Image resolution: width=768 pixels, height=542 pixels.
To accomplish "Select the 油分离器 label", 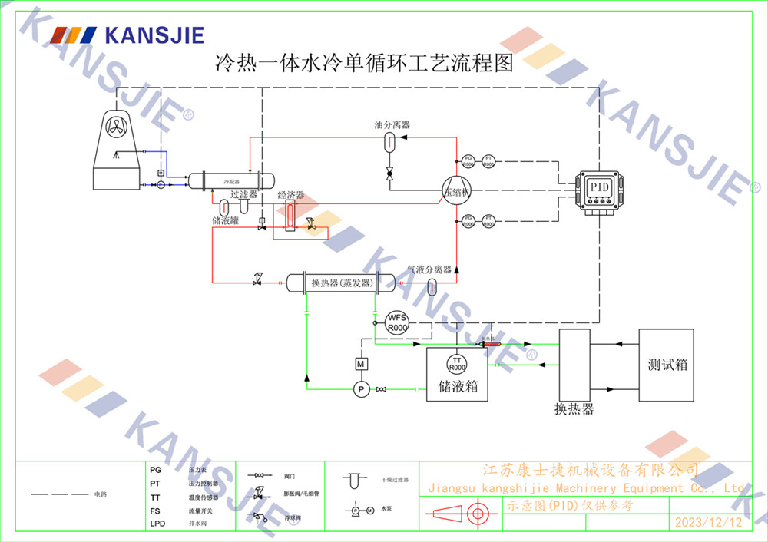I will click(392, 124).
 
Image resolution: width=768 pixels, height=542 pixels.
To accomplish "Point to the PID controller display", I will click(599, 187).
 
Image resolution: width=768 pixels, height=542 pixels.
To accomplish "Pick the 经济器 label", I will click(290, 195).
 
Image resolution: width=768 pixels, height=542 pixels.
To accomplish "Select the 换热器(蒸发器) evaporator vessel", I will click(342, 283).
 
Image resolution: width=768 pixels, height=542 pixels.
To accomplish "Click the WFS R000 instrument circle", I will click(396, 322).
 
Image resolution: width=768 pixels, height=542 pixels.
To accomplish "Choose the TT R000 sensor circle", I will click(457, 364).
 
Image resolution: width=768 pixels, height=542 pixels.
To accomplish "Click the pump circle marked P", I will click(361, 390).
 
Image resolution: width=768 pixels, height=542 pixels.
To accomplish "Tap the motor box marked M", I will click(361, 363).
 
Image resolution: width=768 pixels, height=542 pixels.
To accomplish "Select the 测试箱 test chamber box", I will click(666, 365).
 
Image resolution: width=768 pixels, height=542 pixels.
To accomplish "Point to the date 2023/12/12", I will click(708, 523).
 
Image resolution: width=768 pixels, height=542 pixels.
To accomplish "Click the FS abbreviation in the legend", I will click(155, 511).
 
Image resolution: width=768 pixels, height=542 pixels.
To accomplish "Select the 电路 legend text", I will click(101, 494).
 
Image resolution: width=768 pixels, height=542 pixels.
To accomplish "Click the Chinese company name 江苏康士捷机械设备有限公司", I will click(589, 469).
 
